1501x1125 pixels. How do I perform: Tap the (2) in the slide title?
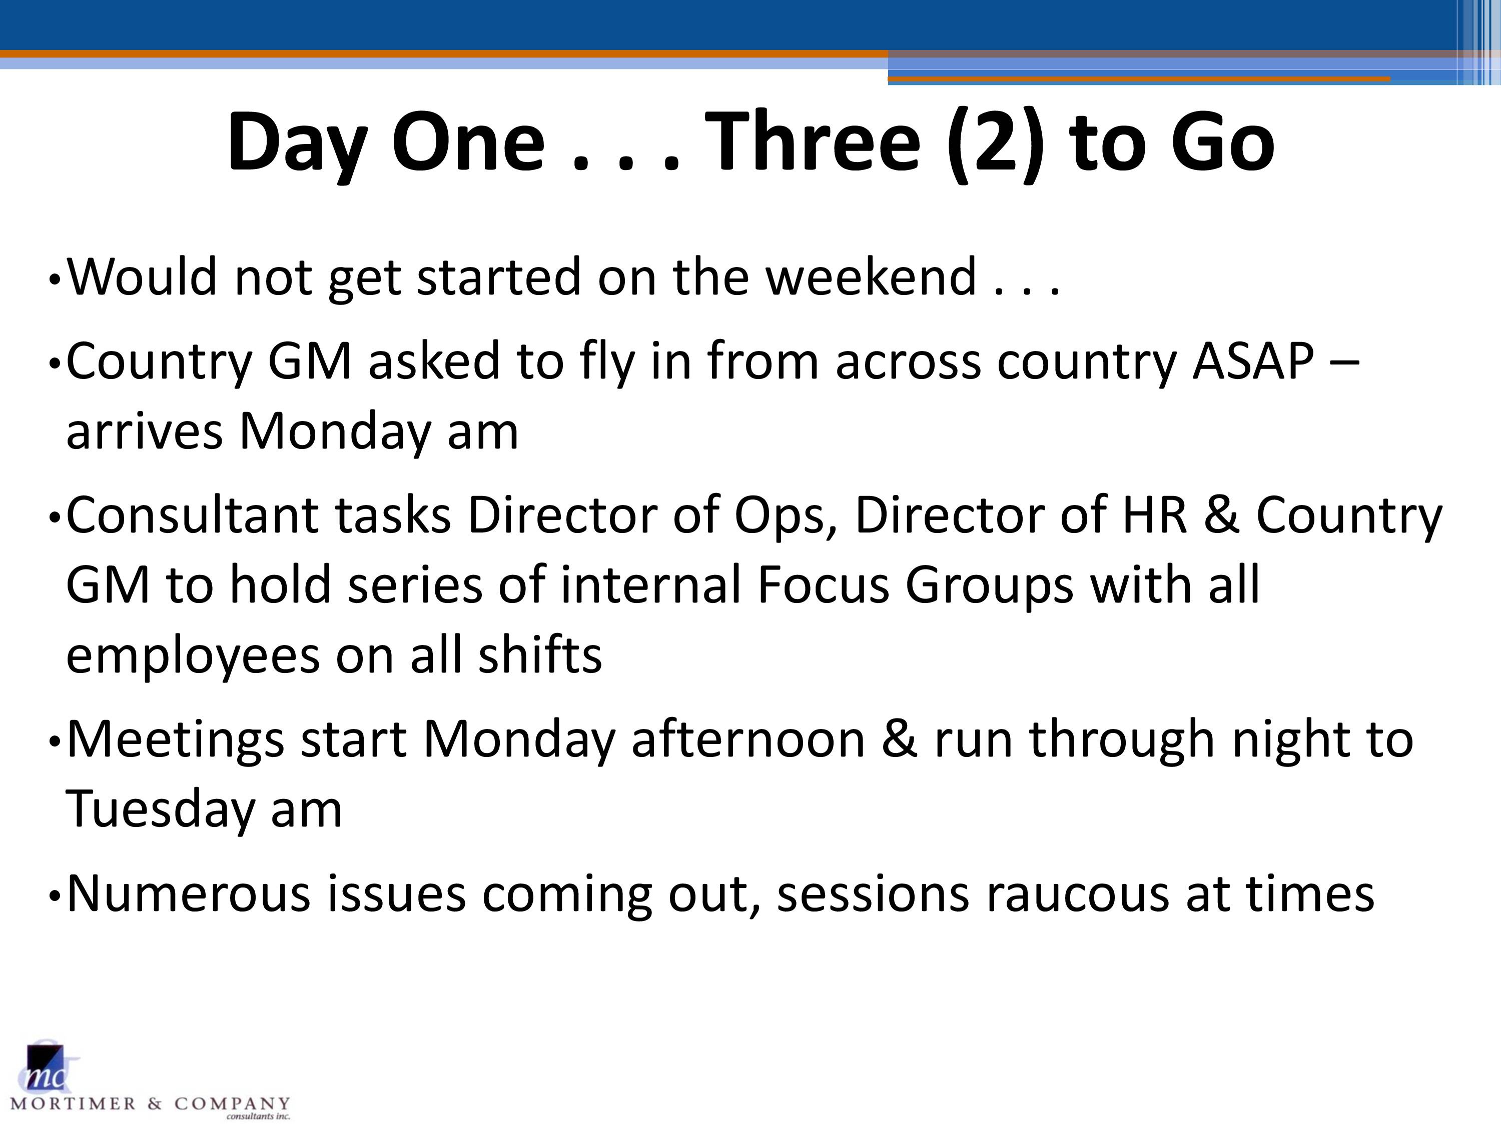coord(996,144)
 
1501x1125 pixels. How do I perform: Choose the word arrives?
coord(144,431)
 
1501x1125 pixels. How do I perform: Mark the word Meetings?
coord(176,740)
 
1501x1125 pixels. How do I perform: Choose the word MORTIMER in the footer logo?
coord(73,1104)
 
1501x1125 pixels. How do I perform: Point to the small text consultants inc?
coord(258,1116)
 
